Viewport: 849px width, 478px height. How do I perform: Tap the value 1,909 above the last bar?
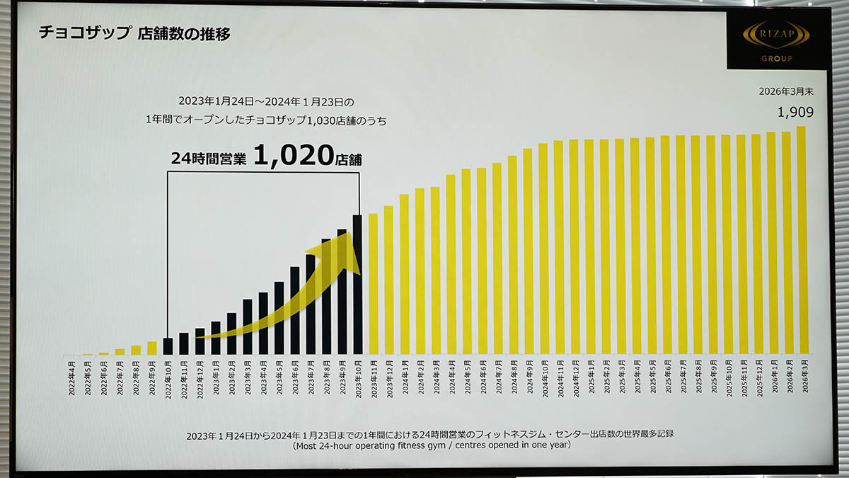coord(795,112)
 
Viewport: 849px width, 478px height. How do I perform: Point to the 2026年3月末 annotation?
coord(785,91)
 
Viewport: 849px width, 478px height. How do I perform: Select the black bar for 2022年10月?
coord(168,346)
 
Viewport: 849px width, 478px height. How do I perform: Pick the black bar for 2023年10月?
coord(357,284)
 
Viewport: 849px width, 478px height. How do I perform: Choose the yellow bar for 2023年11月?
coord(373,283)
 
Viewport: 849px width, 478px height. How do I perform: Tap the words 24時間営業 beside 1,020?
coord(209,159)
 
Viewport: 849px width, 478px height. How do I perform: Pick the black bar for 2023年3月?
coord(247,326)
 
